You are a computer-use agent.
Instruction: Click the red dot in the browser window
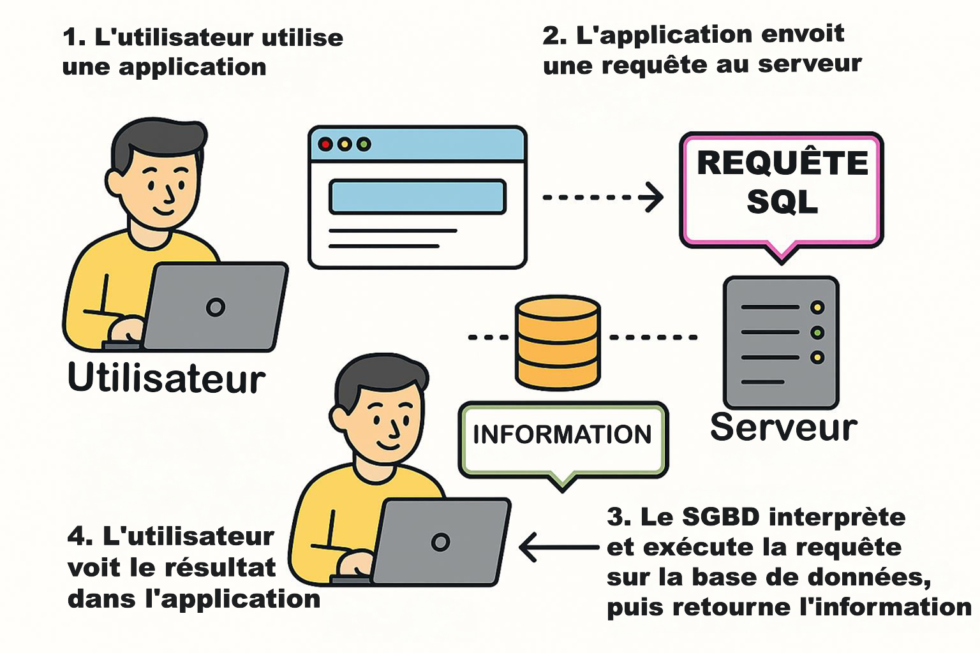(x=325, y=144)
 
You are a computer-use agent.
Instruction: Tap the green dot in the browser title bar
(x=364, y=144)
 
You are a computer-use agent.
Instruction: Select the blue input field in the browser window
(x=417, y=196)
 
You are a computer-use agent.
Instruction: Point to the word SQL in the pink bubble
(x=782, y=202)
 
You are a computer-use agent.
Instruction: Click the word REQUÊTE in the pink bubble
(x=782, y=163)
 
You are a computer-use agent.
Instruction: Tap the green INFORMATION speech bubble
(x=562, y=439)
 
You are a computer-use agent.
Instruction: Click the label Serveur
(x=783, y=427)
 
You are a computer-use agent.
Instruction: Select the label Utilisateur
(x=166, y=378)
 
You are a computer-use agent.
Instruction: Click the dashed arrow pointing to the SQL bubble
(x=602, y=197)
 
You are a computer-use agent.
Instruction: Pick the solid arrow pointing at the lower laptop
(x=559, y=547)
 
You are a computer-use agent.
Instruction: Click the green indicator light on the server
(x=817, y=332)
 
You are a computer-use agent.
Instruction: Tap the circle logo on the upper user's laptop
(x=216, y=307)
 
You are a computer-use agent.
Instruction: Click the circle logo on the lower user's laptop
(x=440, y=542)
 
